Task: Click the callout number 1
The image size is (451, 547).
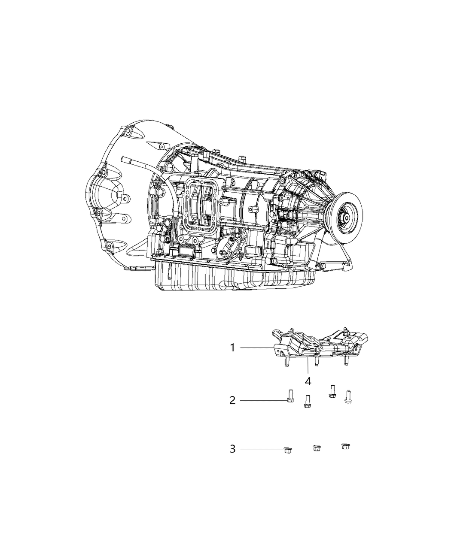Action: tap(232, 348)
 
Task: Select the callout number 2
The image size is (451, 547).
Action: tap(232, 400)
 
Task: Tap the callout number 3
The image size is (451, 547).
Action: tap(232, 449)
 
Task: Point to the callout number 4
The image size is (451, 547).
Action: tap(308, 381)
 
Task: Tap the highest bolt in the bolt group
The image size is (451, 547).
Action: tap(332, 391)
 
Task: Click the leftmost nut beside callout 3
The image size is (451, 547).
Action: tap(287, 450)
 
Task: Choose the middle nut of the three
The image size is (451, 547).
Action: tap(316, 448)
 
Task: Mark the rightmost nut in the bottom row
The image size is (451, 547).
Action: tap(344, 446)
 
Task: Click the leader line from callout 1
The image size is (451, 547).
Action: tap(258, 348)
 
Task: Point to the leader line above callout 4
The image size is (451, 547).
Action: tap(308, 367)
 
